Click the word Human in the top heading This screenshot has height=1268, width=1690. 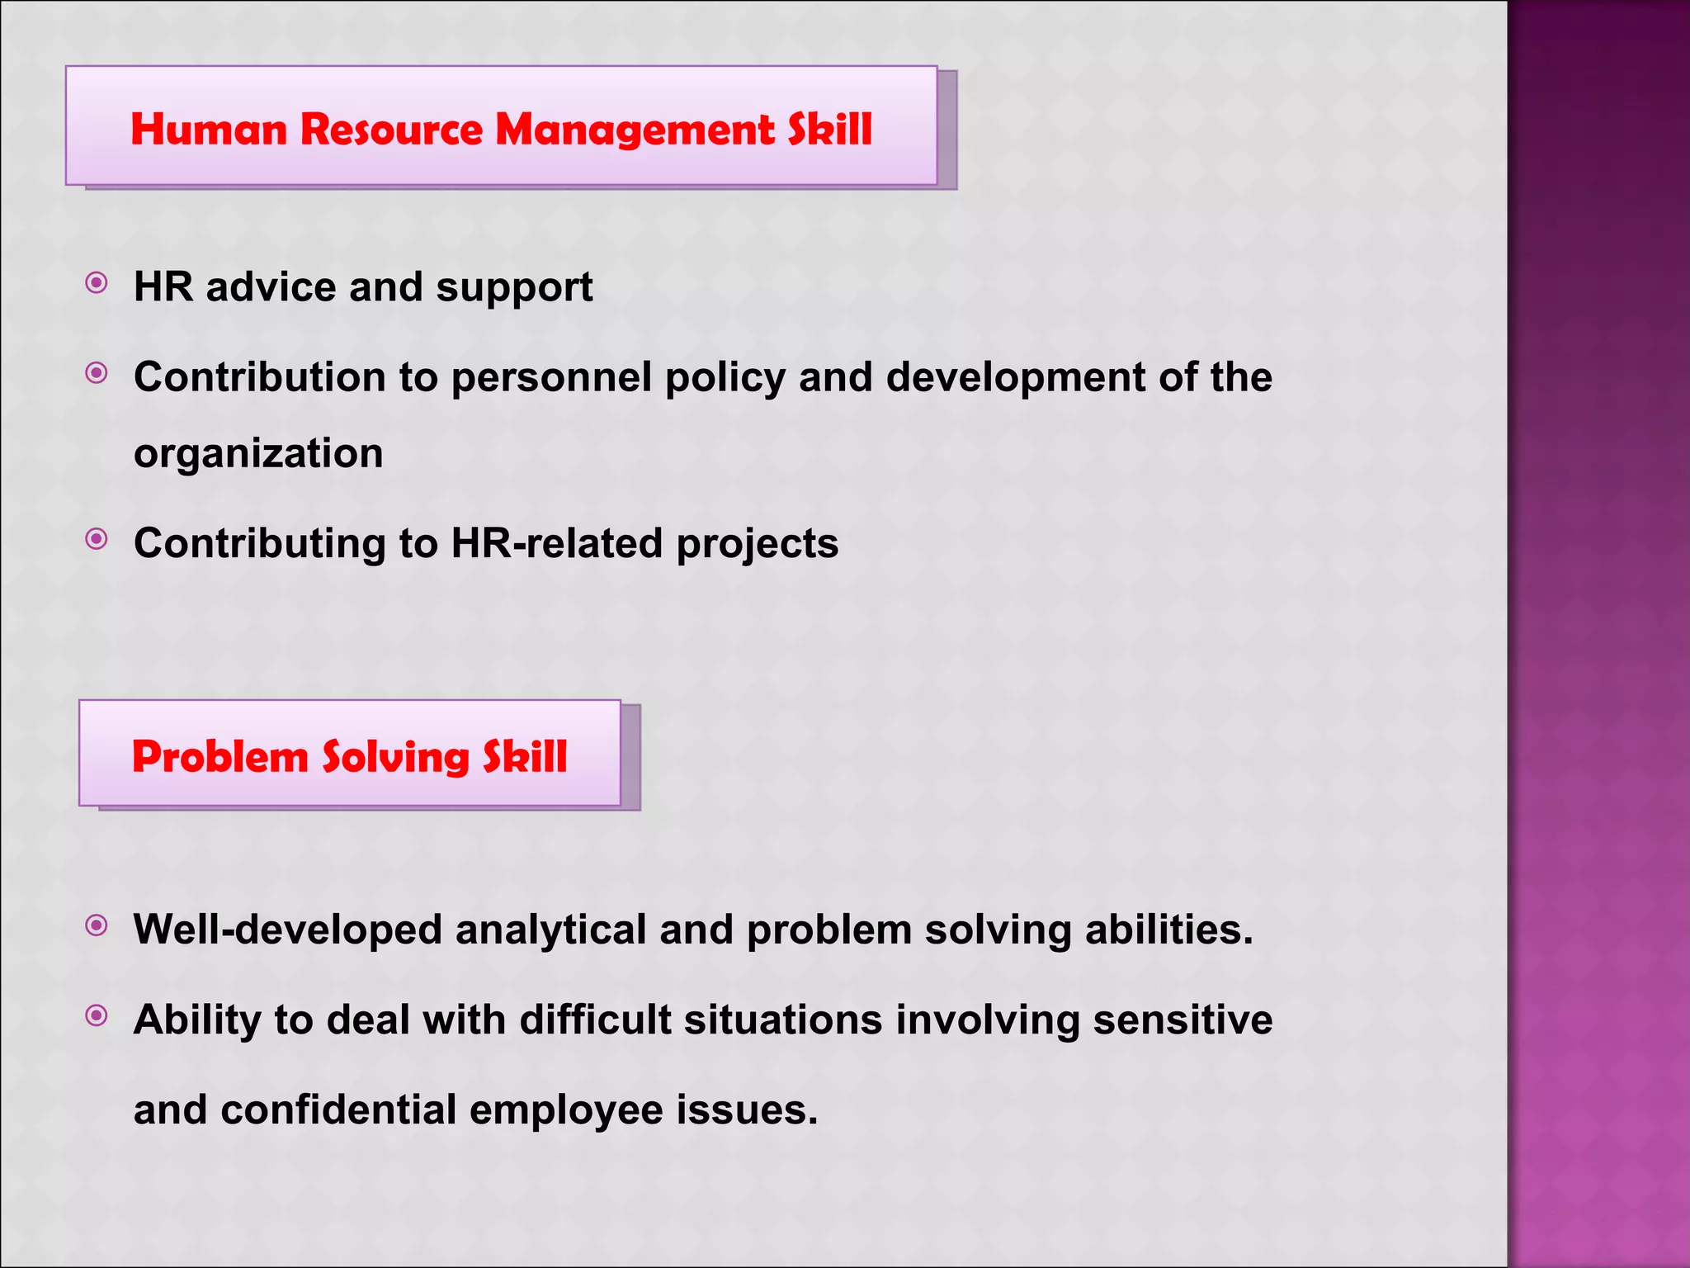[209, 130]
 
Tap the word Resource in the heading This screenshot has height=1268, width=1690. [391, 130]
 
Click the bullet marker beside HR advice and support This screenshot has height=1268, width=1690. [97, 284]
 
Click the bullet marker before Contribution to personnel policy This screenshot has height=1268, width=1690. [97, 374]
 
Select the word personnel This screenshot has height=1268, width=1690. [551, 377]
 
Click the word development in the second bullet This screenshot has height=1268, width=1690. [1015, 379]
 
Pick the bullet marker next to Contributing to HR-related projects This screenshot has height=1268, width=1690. [97, 540]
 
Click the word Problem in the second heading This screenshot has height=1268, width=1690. [220, 756]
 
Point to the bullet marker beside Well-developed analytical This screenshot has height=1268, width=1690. [97, 926]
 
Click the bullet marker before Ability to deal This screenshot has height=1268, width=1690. [97, 1015]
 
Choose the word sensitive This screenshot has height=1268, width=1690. [1183, 1020]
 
